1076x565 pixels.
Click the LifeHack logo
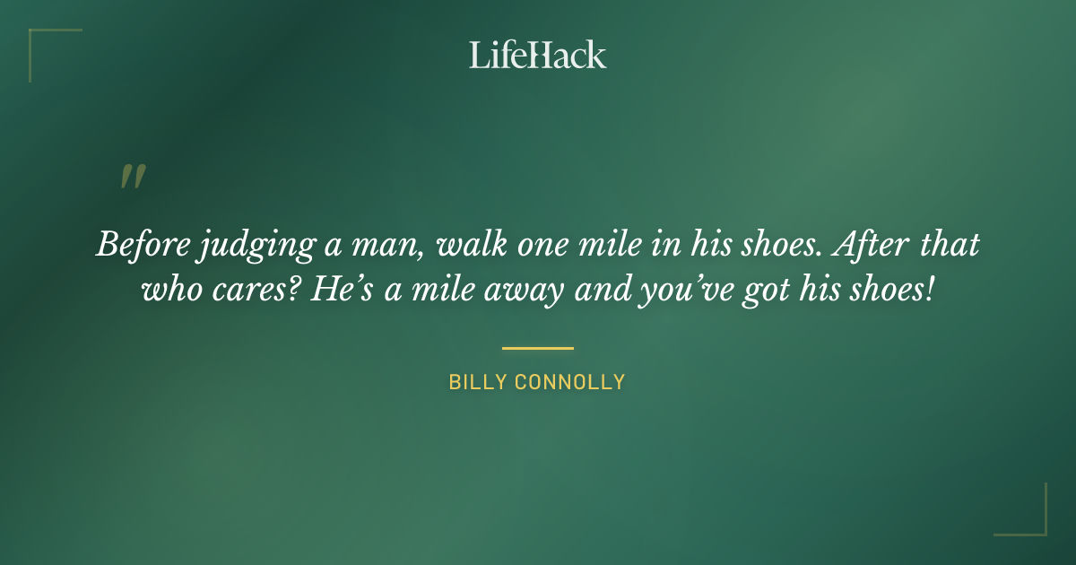[x=537, y=55]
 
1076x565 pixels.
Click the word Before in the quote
[x=140, y=246]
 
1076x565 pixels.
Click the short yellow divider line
[x=537, y=348]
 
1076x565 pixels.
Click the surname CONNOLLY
[x=570, y=383]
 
